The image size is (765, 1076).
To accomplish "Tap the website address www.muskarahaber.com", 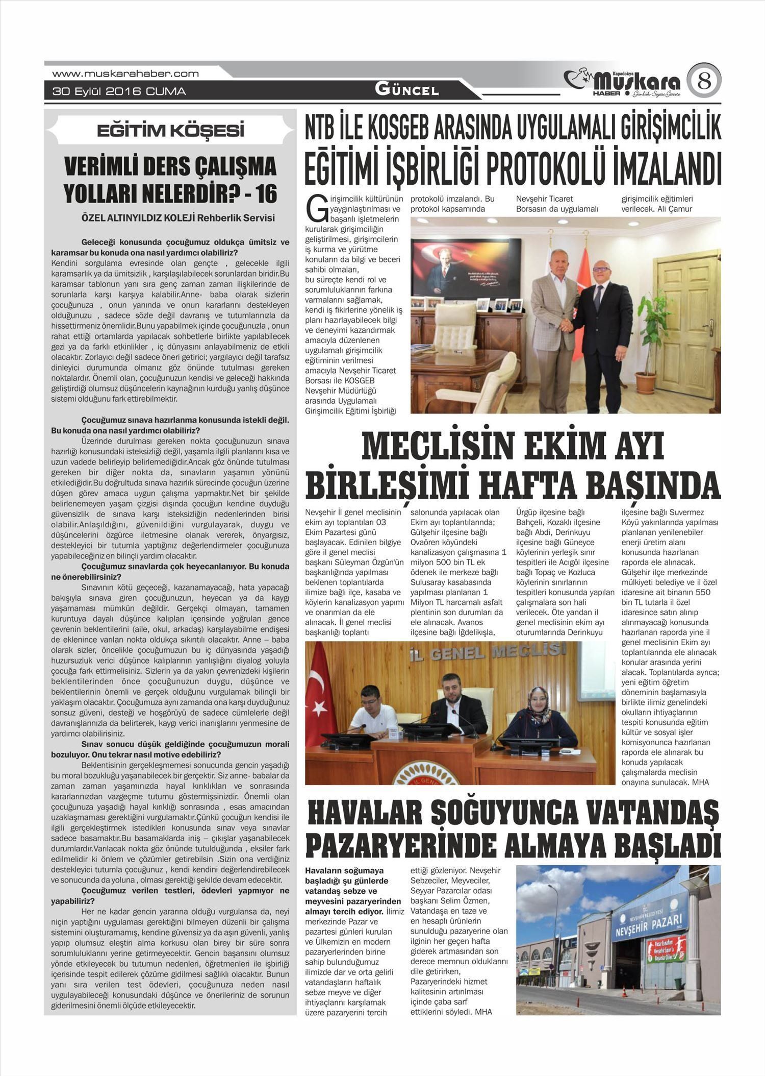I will point(125,74).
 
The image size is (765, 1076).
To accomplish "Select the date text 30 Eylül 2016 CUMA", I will point(119,92).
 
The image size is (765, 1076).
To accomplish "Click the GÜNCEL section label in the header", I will point(406,90).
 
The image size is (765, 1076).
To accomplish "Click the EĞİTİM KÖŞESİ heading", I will point(170,131).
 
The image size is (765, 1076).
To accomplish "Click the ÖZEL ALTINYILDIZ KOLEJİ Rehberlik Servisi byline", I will point(178,218).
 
